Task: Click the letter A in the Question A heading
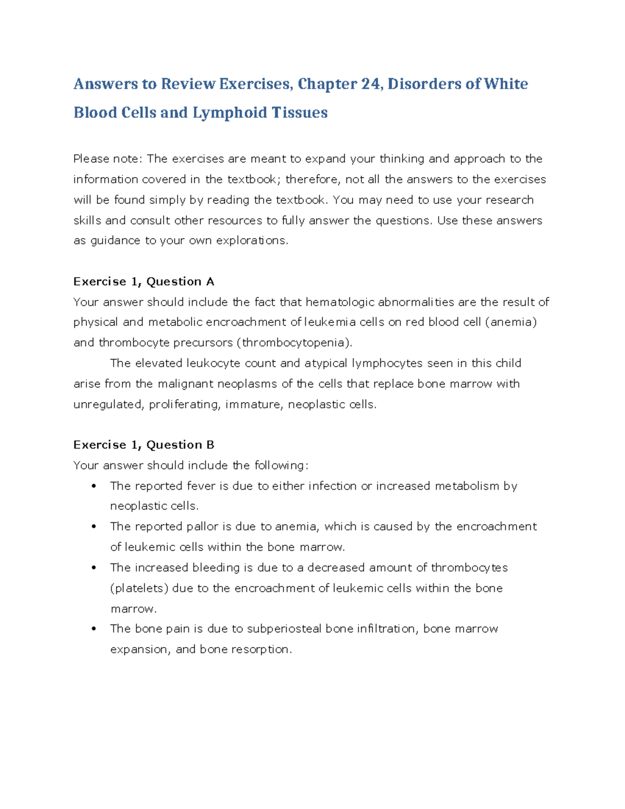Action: point(210,282)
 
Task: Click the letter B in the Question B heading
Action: point(210,445)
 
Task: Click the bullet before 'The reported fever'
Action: point(94,486)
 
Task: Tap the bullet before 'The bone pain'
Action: point(94,629)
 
